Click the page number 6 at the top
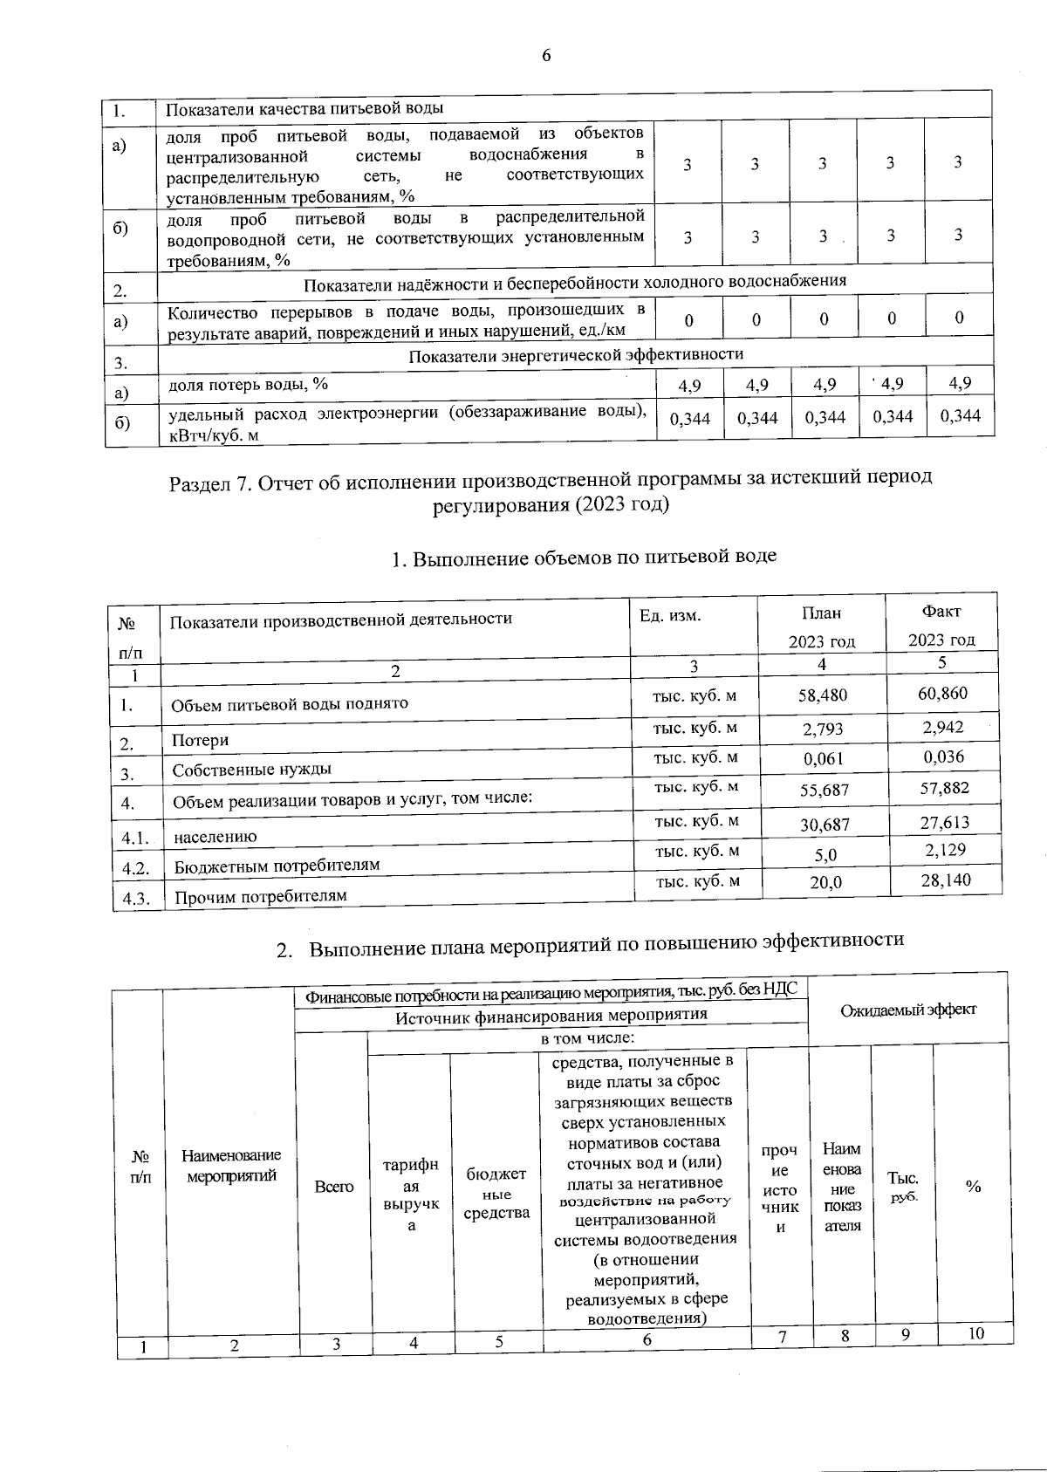tap(546, 56)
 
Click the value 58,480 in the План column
tap(823, 695)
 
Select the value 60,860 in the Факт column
tap(944, 693)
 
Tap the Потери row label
tap(200, 740)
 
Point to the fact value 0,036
tap(944, 757)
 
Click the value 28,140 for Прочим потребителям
tap(946, 880)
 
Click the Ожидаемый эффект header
tap(908, 1010)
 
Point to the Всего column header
tap(334, 1187)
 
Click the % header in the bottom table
tap(973, 1187)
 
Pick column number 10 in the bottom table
tap(975, 1333)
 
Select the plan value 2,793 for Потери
tap(823, 729)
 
